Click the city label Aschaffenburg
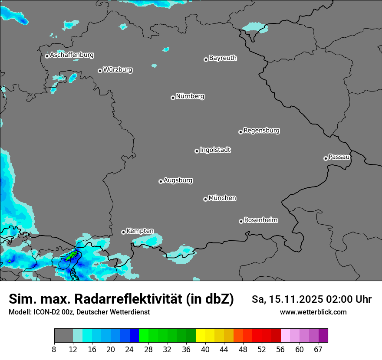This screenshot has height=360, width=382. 72,55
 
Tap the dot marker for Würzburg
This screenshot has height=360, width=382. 100,71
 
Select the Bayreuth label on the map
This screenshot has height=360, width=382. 223,58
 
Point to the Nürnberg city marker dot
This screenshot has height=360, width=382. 173,98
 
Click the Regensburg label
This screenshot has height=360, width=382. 261,130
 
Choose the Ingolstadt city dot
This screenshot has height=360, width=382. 197,151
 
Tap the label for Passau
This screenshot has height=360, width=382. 339,157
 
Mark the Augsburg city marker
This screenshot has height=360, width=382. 161,181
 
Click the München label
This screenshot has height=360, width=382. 222,198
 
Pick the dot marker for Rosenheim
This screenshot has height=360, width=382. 241,222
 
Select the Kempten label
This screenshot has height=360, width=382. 140,231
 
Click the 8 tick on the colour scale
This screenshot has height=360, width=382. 54,350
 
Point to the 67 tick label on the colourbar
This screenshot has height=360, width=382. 318,350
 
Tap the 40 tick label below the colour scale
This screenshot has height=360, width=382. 205,350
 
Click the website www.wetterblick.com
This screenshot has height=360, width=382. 313,312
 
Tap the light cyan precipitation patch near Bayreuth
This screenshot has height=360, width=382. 255,27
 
